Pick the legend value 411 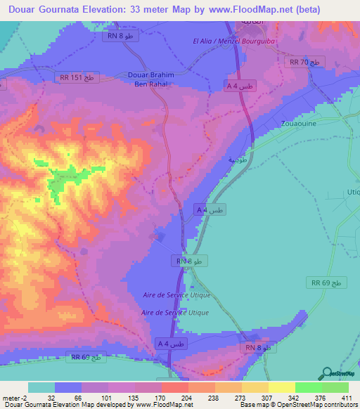coord(347,397)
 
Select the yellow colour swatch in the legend coord(281,387)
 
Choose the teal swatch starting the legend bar coord(41,387)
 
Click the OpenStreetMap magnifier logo coord(327,373)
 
